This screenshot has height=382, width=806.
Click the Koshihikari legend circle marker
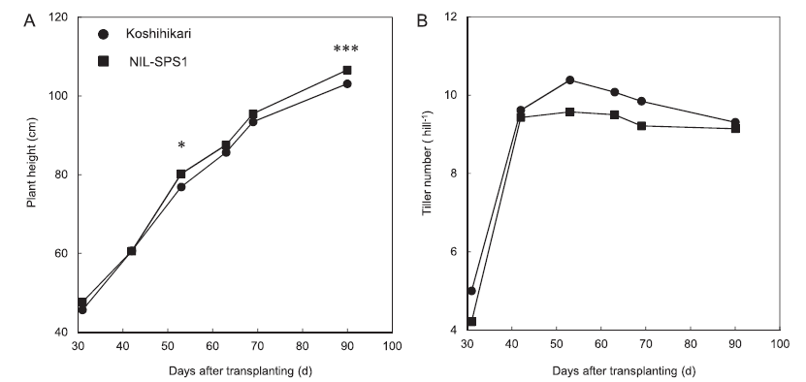pos(104,35)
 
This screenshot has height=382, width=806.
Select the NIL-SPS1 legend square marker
pos(104,62)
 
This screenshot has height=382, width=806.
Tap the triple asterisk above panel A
pos(346,49)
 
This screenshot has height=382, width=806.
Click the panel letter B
pos(423,21)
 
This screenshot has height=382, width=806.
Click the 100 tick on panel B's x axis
pos(780,343)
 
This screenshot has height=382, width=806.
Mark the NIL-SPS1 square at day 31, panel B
pos(471,321)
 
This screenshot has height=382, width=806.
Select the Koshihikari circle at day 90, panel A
pos(347,83)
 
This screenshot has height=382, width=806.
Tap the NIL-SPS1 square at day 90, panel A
pos(347,70)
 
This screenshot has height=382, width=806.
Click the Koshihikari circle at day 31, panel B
pos(471,291)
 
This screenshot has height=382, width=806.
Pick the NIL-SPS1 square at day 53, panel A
pos(181,175)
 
